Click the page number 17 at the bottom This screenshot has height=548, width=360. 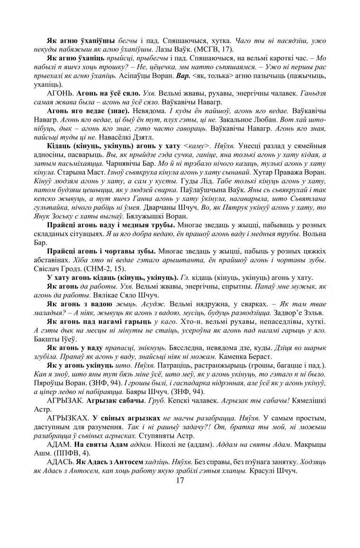tap(180, 481)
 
